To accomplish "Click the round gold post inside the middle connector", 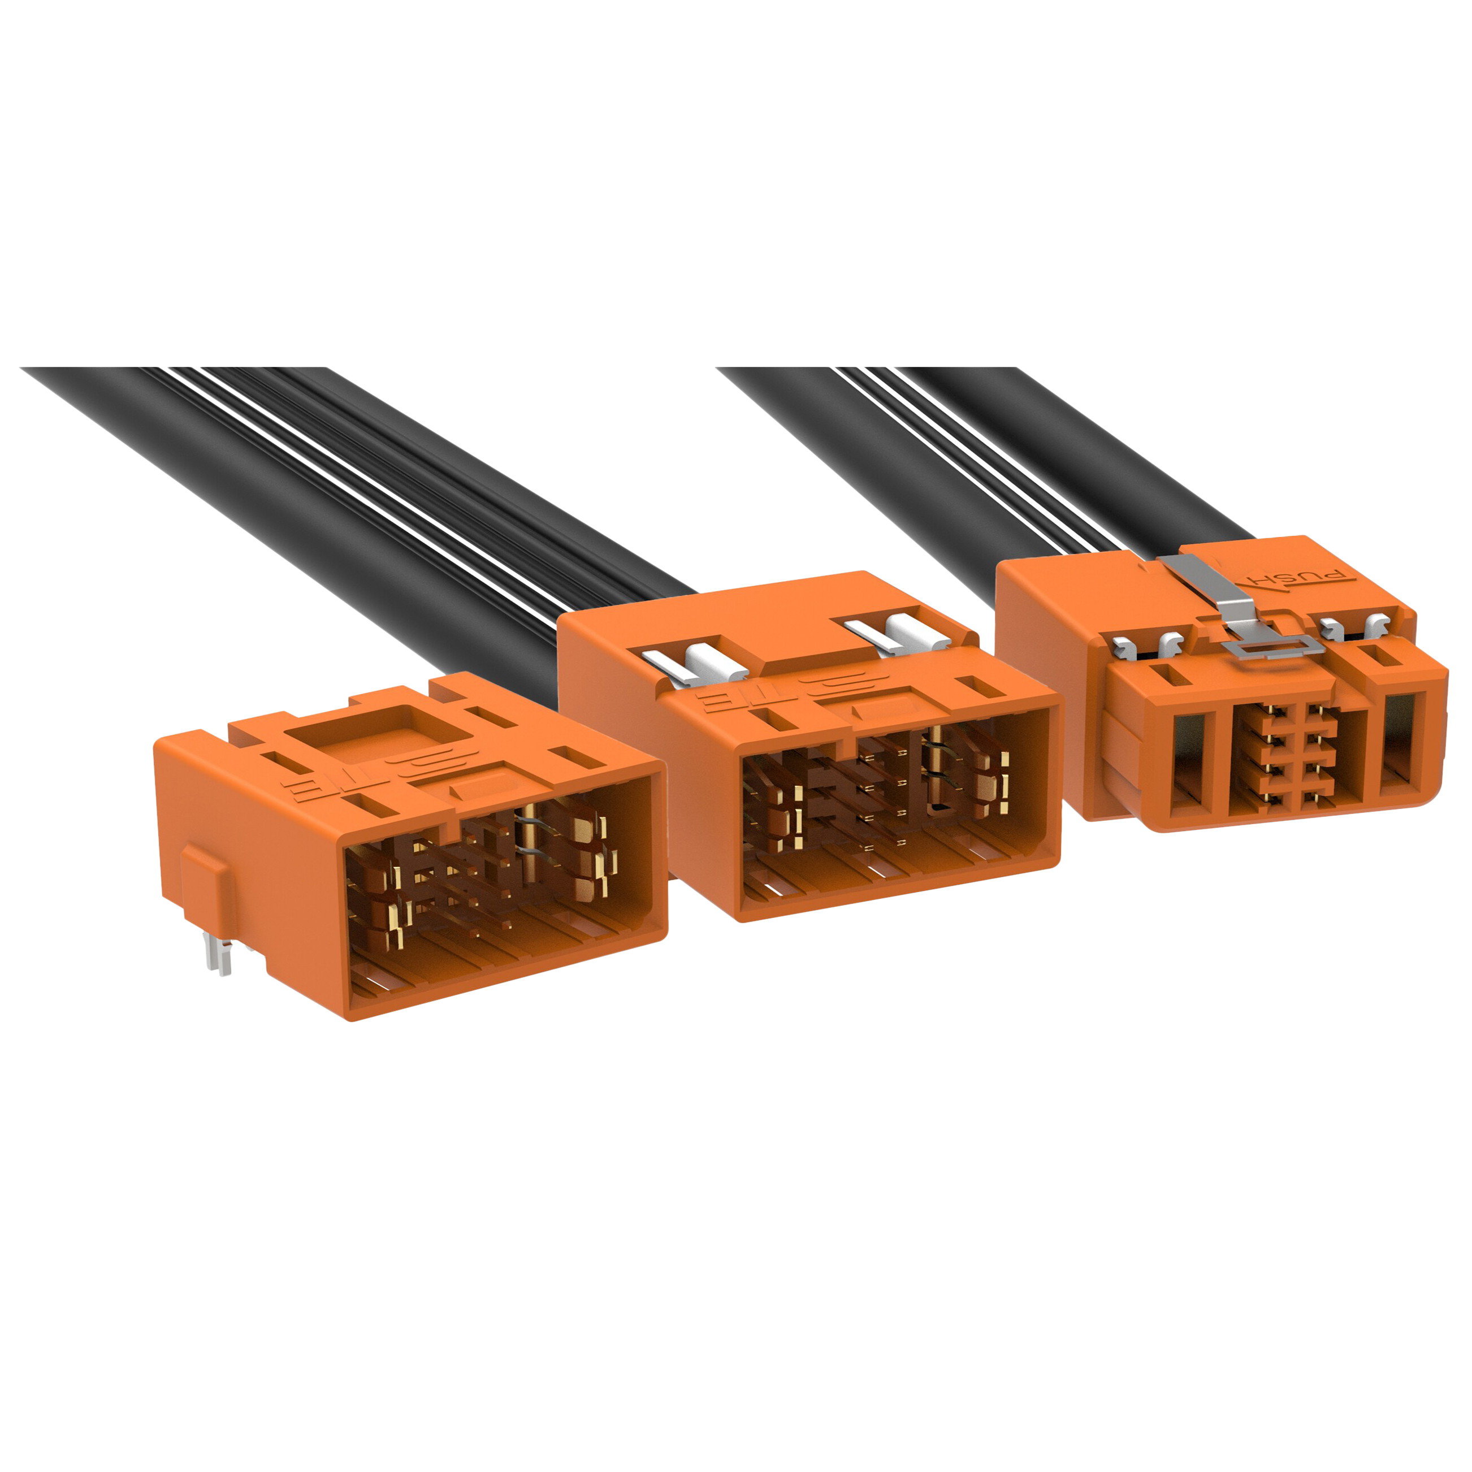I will click(x=935, y=769).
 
